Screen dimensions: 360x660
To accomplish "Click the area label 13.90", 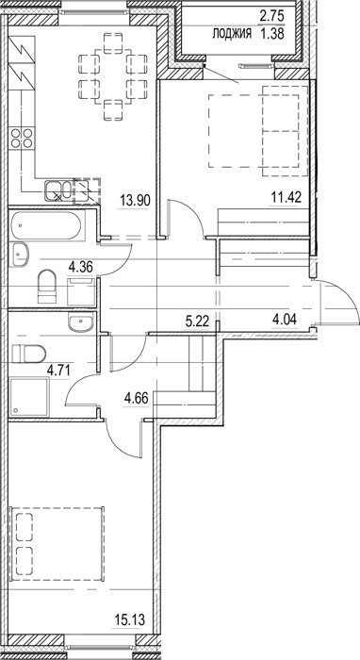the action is point(136,198).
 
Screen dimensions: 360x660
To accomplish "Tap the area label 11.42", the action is point(286,196).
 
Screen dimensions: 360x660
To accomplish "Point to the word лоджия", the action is point(232,34).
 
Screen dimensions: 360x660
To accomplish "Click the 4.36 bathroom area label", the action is point(81,266).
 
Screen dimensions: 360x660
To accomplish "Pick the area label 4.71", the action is point(58,371).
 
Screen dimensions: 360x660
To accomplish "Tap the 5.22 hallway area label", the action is point(198,322).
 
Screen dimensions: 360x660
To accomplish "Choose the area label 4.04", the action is point(286,320).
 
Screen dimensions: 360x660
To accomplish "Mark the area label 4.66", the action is point(137,398).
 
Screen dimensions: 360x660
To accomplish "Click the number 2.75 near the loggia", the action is point(271,17).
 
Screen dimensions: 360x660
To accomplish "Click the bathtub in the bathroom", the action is point(46,224).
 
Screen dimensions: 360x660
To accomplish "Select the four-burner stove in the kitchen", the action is point(22,138).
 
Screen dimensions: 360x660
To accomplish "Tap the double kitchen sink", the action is point(58,190).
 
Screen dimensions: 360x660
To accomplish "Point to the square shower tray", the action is point(28,397).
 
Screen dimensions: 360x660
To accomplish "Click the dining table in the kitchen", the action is point(113,76).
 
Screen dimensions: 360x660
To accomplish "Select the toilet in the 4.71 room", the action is point(28,354).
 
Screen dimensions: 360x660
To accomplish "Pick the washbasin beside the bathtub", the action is point(20,254).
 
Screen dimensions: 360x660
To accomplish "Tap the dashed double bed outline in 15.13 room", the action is point(57,543).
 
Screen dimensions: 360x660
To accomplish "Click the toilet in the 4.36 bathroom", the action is point(47,287).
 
